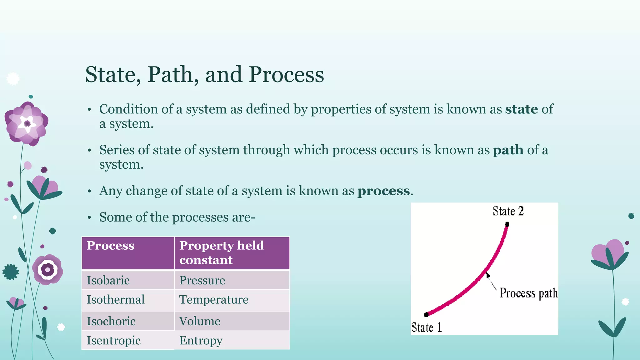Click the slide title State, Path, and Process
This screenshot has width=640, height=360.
[204, 75]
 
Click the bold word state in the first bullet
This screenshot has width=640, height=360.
[521, 109]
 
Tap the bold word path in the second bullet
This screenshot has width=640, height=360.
[508, 150]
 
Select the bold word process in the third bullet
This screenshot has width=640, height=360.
[383, 191]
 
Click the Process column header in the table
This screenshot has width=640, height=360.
[110, 246]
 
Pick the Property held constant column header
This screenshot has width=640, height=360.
[221, 252]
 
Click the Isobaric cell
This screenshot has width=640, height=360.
[108, 280]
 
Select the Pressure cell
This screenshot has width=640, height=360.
[202, 280]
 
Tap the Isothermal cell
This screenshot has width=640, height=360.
[116, 300]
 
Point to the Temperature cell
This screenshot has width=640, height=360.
[214, 300]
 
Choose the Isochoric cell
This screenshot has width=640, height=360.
[111, 321]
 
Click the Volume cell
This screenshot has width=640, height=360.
[200, 321]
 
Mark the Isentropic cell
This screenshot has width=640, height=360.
[114, 340]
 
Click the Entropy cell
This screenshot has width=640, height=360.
[201, 340]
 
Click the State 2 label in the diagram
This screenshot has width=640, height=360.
[508, 211]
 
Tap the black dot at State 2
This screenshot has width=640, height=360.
[507, 224]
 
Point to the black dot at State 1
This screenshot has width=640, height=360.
[426, 314]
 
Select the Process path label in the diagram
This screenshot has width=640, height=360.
[528, 293]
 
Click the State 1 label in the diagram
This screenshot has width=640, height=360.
[426, 327]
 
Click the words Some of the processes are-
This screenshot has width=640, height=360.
[177, 217]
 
